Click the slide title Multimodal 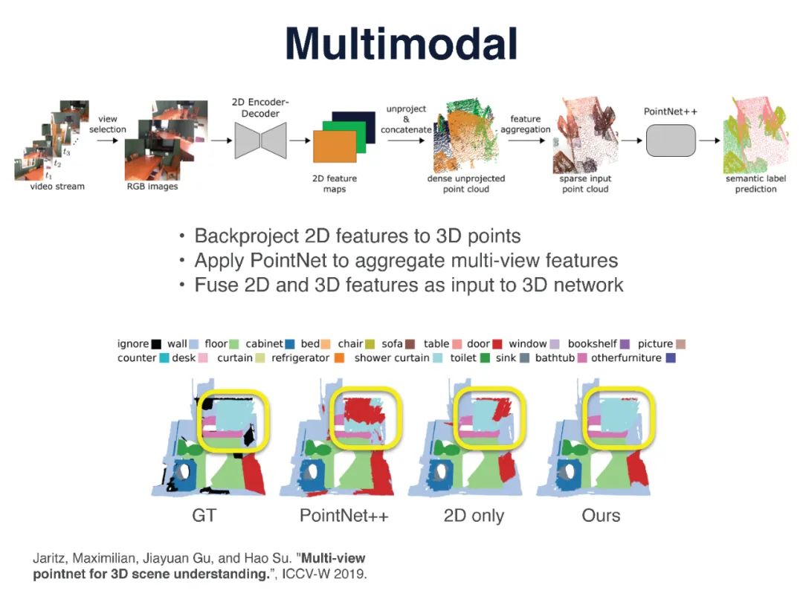(401, 44)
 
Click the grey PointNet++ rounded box (670, 140)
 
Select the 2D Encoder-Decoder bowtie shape (260, 139)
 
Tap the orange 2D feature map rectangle (335, 146)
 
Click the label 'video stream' (57, 187)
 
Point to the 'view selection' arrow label (108, 124)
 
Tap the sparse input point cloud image (585, 137)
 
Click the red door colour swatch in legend (497, 344)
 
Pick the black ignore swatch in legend (156, 344)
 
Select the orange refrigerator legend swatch (339, 358)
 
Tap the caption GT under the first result (204, 515)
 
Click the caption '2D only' (474, 515)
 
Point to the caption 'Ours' (601, 515)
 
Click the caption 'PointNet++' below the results (344, 515)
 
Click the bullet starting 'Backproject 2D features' (357, 236)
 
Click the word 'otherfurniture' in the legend (626, 358)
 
